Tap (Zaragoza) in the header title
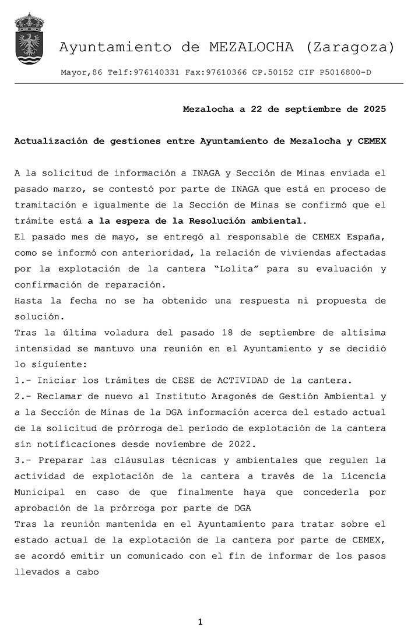(349, 48)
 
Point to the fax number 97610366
(226, 73)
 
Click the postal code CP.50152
(272, 73)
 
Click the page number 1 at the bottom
(200, 622)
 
